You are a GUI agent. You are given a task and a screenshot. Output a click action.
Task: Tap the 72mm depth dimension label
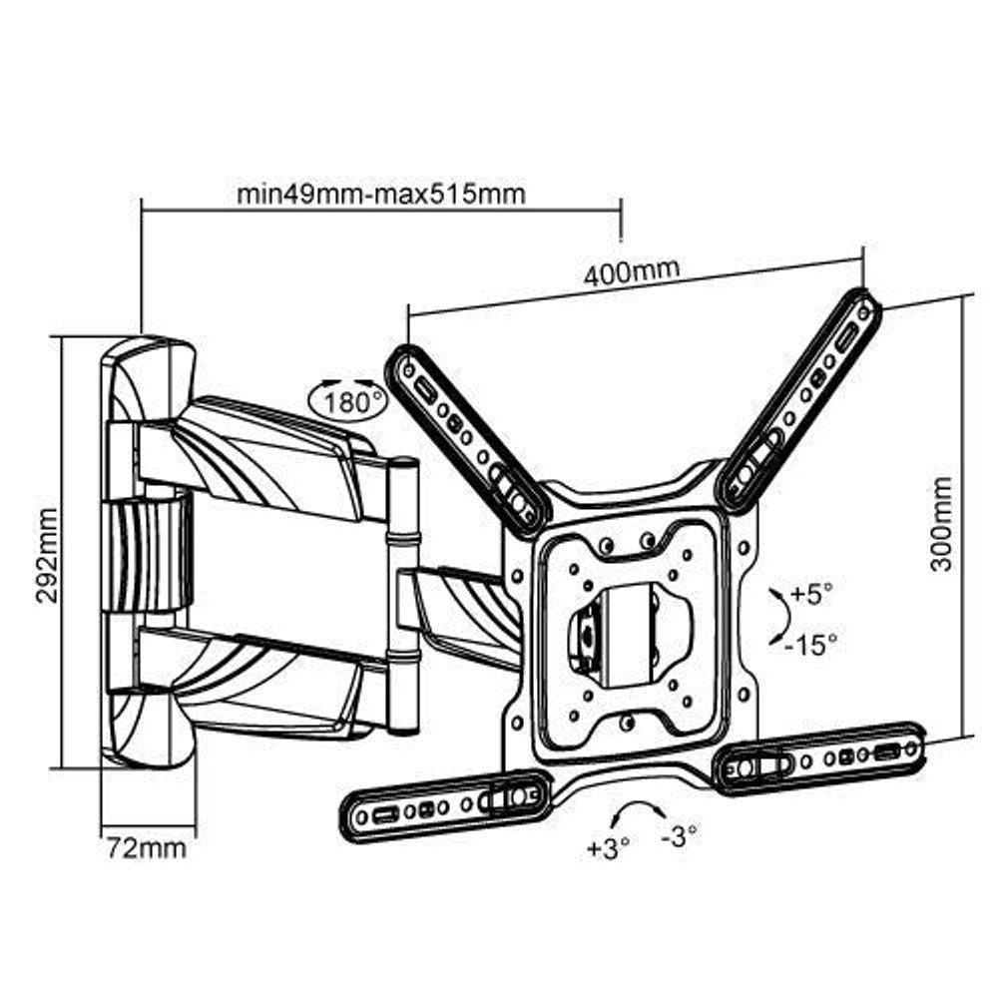146,848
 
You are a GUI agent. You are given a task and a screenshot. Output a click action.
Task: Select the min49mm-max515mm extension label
380,193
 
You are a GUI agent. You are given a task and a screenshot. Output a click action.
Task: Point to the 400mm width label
632,271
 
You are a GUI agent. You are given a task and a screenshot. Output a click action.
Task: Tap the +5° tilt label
810,595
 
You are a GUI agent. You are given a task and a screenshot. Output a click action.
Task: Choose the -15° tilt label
810,644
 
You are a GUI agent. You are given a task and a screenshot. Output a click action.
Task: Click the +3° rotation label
608,848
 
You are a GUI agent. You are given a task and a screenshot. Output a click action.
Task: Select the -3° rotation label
680,836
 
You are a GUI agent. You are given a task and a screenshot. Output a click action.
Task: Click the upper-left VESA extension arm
467,438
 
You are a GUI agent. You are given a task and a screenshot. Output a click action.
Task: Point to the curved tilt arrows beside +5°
775,619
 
